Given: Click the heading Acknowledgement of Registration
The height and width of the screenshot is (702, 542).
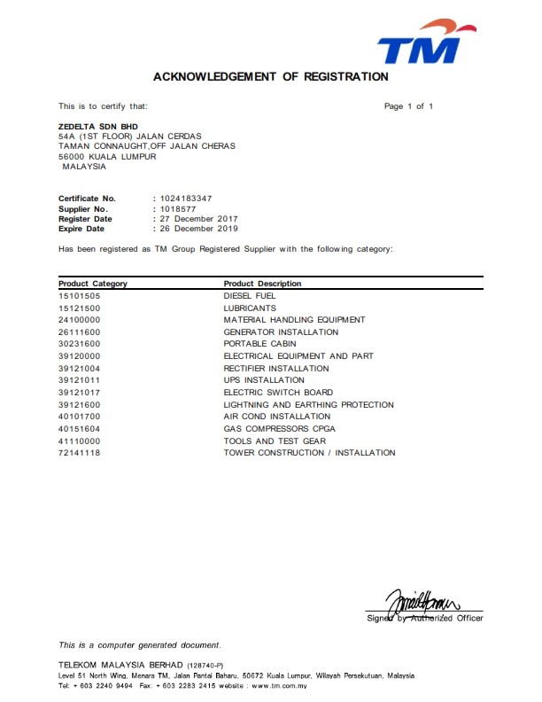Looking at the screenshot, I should [x=271, y=77].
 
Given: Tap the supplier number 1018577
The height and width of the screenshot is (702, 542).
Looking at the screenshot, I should [x=177, y=208].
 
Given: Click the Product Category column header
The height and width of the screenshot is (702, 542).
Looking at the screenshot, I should [x=93, y=284].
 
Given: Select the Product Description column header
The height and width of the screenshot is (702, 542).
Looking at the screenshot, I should [x=262, y=284].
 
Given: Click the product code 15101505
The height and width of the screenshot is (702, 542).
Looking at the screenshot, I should [x=79, y=295].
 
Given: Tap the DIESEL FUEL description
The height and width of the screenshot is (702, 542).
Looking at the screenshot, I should [x=251, y=295].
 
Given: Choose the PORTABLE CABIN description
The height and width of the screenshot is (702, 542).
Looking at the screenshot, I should [x=259, y=344].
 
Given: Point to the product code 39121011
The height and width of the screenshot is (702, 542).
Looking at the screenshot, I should [x=79, y=380].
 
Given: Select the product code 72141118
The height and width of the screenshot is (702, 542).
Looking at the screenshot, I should [x=79, y=453].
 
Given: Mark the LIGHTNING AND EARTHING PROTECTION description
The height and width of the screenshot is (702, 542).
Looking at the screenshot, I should [x=308, y=404].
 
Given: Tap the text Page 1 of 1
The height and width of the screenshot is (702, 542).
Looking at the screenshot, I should [x=408, y=106].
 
